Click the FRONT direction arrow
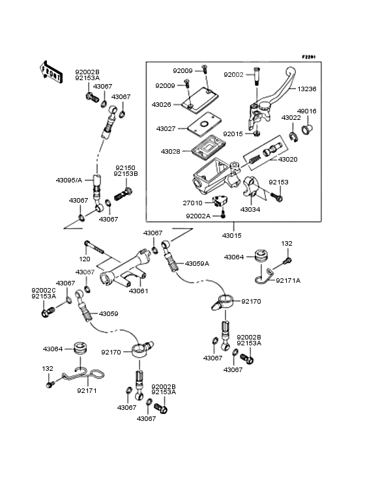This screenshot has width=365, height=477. [51, 72]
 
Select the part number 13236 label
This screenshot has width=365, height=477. [306, 89]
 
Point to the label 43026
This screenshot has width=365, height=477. [161, 105]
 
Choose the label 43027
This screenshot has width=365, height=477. [166, 128]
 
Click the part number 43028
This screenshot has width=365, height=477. [170, 151]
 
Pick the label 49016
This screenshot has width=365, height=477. [306, 111]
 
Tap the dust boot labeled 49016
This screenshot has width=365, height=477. [307, 128]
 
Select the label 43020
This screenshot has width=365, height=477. [287, 160]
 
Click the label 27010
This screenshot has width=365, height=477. [192, 203]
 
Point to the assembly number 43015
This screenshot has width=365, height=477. [232, 235]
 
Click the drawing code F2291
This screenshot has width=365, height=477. [309, 57]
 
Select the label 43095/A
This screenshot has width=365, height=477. [69, 180]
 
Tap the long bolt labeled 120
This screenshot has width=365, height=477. [95, 247]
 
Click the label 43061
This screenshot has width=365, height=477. [138, 291]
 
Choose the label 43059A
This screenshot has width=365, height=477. [197, 263]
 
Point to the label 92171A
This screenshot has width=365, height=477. [288, 280]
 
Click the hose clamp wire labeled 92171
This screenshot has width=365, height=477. [84, 374]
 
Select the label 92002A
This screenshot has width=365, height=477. [198, 216]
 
